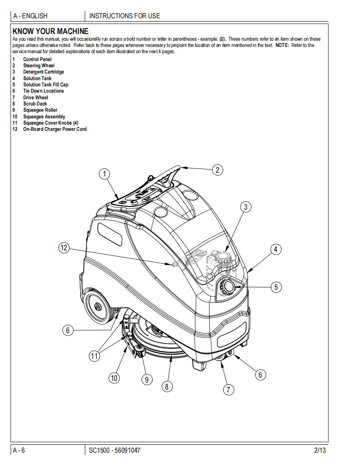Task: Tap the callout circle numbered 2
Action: [217, 169]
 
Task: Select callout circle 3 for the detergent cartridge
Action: [246, 206]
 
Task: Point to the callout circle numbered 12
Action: [64, 248]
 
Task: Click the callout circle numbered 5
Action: [276, 287]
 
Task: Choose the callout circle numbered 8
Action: [167, 386]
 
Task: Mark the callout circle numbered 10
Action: [114, 378]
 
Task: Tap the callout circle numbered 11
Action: [95, 356]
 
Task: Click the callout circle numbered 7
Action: [228, 390]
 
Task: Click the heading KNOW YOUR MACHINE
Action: [51, 31]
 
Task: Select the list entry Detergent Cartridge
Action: [43, 72]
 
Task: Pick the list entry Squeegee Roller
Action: [40, 110]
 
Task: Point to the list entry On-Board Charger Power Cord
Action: [54, 129]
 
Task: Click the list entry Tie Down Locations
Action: [43, 91]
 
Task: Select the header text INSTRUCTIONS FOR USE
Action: [125, 16]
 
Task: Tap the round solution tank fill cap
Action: [228, 287]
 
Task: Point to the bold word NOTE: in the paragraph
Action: [283, 45]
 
